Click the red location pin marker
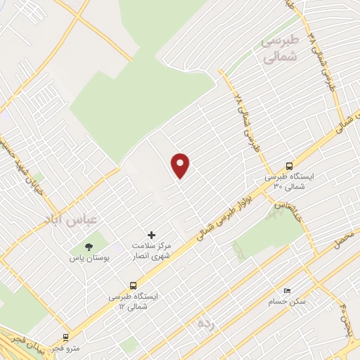coord(181,165)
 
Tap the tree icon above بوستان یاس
coord(89,246)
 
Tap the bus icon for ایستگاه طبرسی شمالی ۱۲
coord(133,285)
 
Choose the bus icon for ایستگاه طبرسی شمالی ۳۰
coord(289,165)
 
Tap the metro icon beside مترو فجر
coord(66,337)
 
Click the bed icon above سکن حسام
coord(286,290)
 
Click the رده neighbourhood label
coord(205,323)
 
